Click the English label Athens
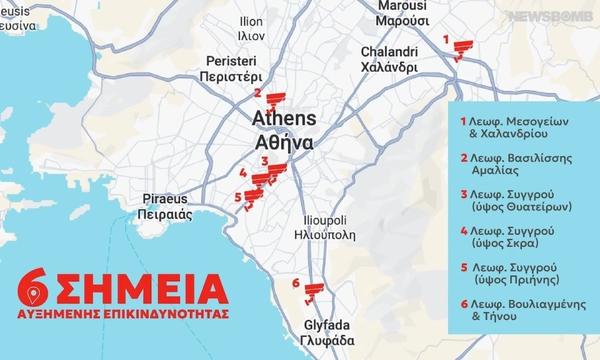click(284, 119)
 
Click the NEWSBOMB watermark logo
click(551, 16)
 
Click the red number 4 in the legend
click(463, 231)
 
